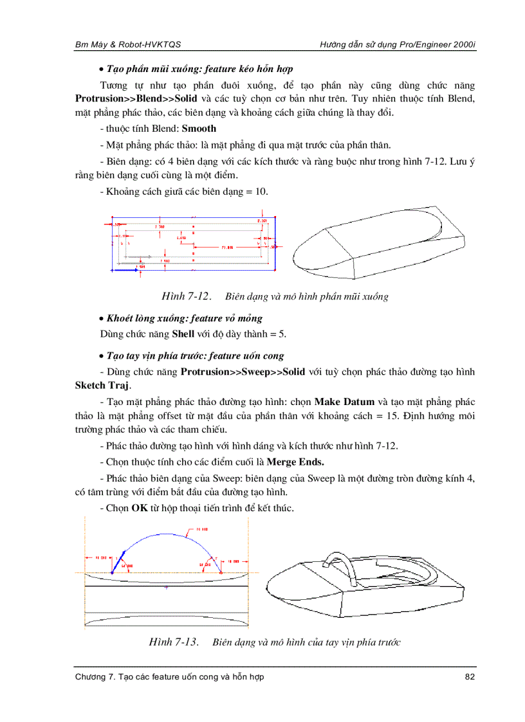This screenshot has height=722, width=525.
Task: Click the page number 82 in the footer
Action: tap(470, 676)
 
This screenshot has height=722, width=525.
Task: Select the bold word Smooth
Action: tap(199, 129)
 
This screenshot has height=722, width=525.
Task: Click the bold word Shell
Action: tap(183, 334)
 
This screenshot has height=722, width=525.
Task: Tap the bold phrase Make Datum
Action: tap(344, 402)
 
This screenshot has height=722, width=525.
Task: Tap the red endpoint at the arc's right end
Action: tap(221, 572)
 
